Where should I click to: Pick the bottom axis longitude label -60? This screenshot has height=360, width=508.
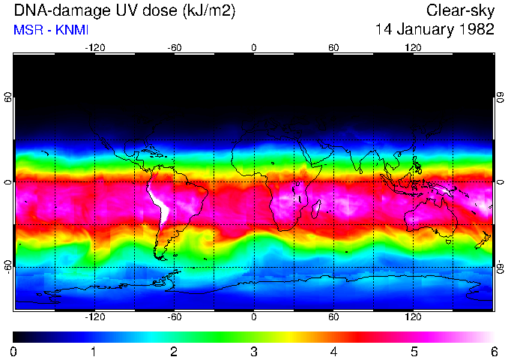pyautogui.click(x=174, y=317)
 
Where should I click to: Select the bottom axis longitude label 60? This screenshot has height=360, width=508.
pyautogui.click(x=333, y=317)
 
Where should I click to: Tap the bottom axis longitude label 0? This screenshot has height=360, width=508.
pyautogui.click(x=254, y=317)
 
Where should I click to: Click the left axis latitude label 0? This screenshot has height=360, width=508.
pyautogui.click(x=9, y=181)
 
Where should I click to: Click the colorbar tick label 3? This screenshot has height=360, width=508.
pyautogui.click(x=253, y=351)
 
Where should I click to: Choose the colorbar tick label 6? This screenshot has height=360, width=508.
pyautogui.click(x=493, y=351)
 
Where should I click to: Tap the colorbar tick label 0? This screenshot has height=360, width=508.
pyautogui.click(x=14, y=351)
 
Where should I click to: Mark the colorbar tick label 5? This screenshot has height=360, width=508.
pyautogui.click(x=413, y=351)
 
